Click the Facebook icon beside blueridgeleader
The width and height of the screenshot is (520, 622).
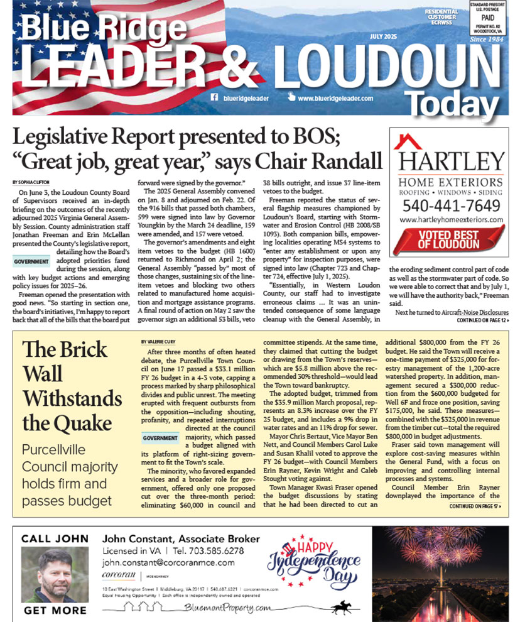pyautogui.click(x=214, y=98)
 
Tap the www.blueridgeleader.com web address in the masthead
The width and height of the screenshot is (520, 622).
pyautogui.click(x=335, y=99)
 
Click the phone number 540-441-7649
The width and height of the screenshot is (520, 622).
pyautogui.click(x=451, y=205)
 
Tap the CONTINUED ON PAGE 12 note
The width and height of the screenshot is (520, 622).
pyautogui.click(x=483, y=320)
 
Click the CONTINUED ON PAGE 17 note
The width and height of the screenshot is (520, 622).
pyautogui.click(x=475, y=506)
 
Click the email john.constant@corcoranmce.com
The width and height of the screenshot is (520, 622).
pyautogui.click(x=164, y=564)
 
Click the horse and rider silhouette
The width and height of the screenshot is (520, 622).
pyautogui.click(x=343, y=606)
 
